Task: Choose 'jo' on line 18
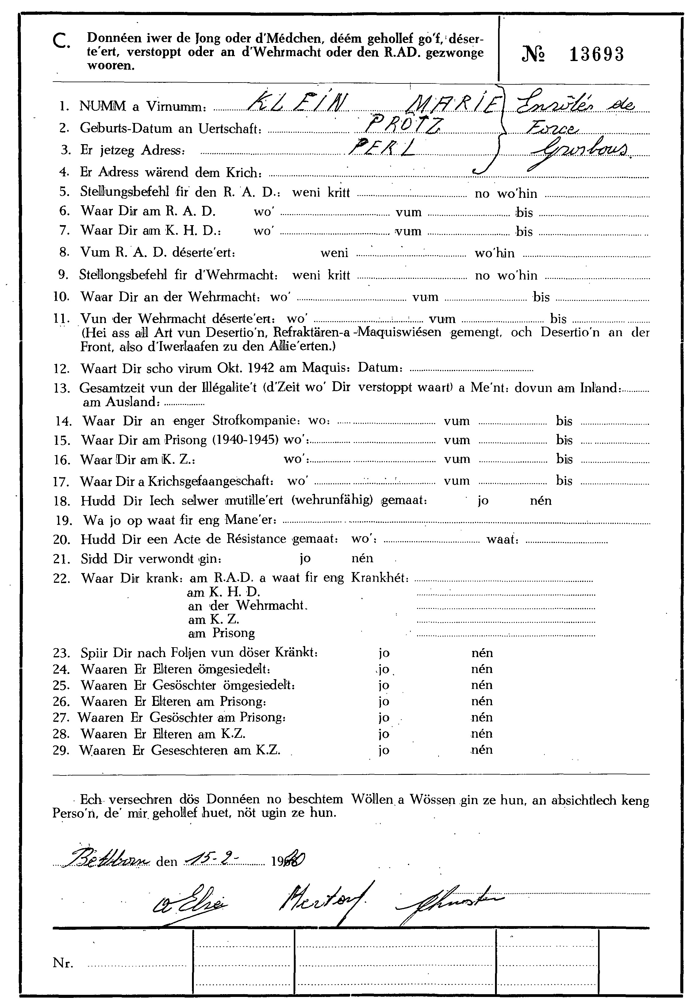click(x=483, y=501)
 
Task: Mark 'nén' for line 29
click(x=482, y=749)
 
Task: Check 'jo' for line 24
click(x=383, y=669)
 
